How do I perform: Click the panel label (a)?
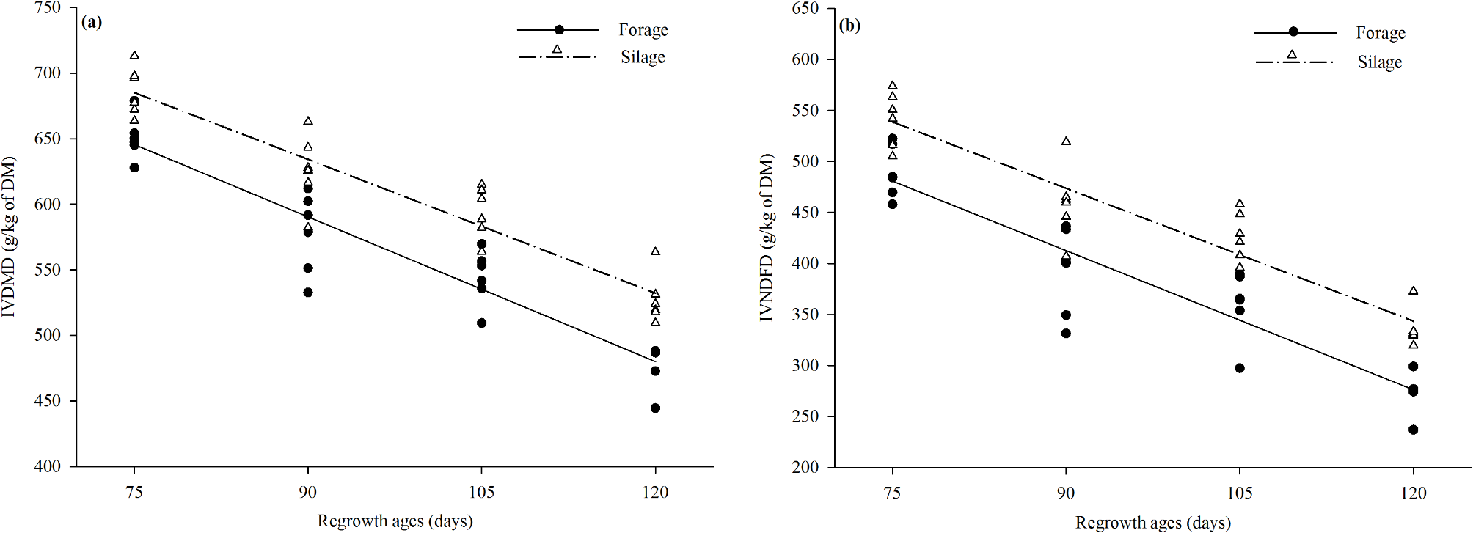tap(92, 22)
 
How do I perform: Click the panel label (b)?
tap(849, 26)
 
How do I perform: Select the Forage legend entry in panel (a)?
tap(643, 30)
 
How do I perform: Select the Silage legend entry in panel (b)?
tap(1379, 62)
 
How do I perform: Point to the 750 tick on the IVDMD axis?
tap(48, 8)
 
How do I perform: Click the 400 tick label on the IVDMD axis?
tap(48, 467)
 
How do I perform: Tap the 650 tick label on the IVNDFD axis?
tap(805, 8)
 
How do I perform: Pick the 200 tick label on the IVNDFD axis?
tap(805, 468)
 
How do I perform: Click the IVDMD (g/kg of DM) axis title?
tap(9, 236)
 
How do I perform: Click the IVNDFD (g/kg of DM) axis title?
tap(767, 238)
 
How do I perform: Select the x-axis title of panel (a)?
tap(395, 521)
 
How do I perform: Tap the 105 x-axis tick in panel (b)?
tap(1240, 493)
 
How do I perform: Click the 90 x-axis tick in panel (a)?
tap(308, 492)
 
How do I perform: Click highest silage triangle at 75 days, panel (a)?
tap(134, 56)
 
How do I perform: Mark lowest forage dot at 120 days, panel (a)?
tap(655, 408)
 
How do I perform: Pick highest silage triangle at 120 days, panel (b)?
tap(1413, 291)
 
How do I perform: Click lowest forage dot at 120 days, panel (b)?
tap(1413, 430)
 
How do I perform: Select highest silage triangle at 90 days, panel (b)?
tap(1066, 141)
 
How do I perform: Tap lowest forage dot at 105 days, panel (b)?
tap(1240, 368)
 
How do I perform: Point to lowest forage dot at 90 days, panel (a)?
tap(308, 293)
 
